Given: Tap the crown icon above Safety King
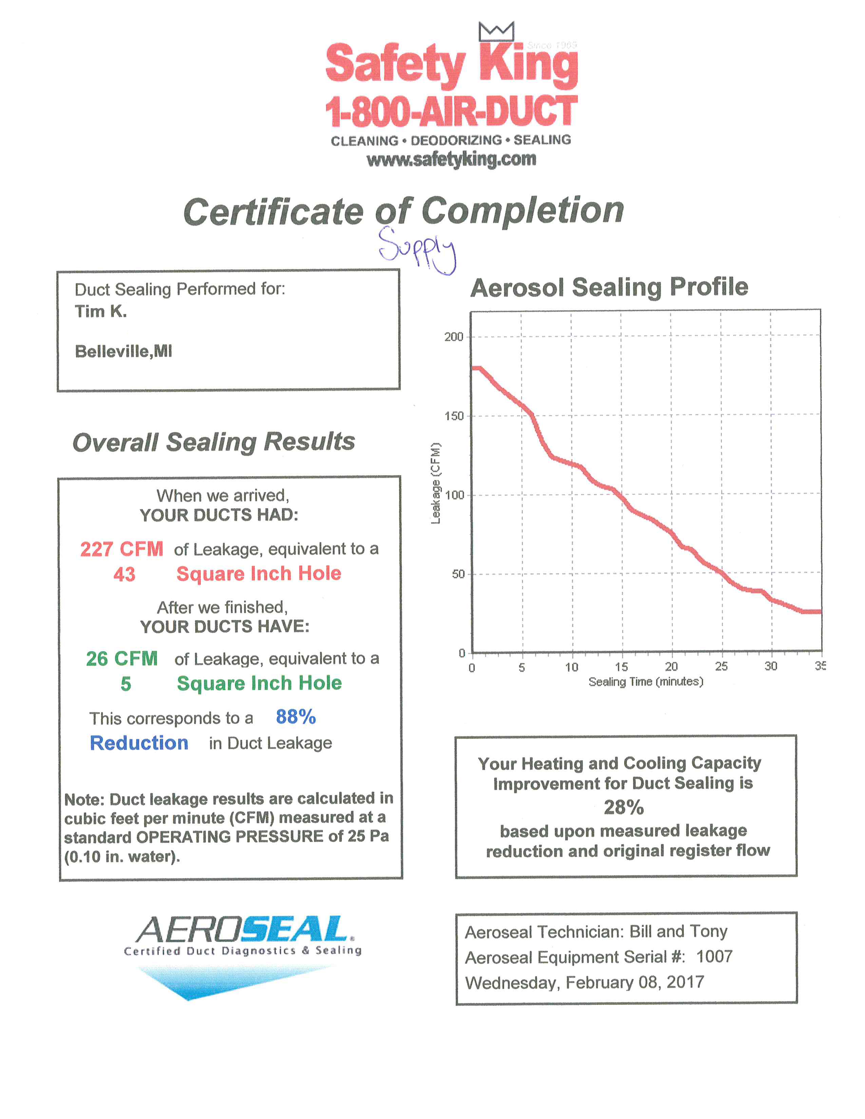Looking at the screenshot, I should pyautogui.click(x=496, y=32).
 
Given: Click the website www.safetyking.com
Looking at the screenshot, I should pyautogui.click(x=451, y=160).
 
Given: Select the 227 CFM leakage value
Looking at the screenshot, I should pyautogui.click(x=121, y=549).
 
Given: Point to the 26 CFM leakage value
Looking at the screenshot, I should pyautogui.click(x=121, y=659).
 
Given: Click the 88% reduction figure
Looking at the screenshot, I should pyautogui.click(x=296, y=717).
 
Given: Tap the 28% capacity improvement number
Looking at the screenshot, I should pyautogui.click(x=623, y=807).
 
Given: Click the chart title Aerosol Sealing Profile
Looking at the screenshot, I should pyautogui.click(x=609, y=288).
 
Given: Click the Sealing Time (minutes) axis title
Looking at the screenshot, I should pyautogui.click(x=646, y=682).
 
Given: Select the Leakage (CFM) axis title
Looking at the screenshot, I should pyautogui.click(x=436, y=483).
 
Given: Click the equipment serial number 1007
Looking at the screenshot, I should pyautogui.click(x=714, y=956).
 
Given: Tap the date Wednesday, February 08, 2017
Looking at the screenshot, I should pyautogui.click(x=584, y=982).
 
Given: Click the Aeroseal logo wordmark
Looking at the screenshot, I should pyautogui.click(x=244, y=930).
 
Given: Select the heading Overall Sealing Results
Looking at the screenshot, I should pyautogui.click(x=214, y=441).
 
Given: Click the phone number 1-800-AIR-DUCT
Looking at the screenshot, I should pyautogui.click(x=451, y=111).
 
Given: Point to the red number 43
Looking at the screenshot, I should pyautogui.click(x=124, y=574).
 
